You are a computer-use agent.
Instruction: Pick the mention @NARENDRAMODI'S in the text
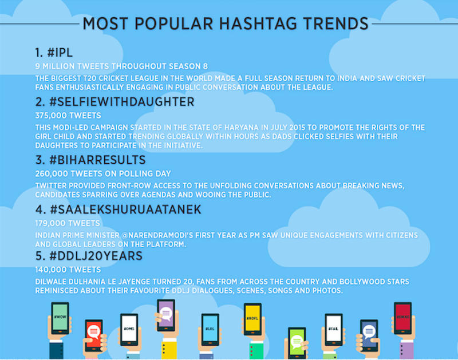157,235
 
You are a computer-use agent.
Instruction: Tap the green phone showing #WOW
60,318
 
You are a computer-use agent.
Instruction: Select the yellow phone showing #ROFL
252,319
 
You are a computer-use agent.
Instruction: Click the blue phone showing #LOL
210,329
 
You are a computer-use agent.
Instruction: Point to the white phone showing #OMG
129,329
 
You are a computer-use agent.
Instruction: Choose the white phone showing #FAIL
334,329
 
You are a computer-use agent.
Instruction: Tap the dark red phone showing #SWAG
403,318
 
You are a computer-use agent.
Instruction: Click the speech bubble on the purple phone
166,314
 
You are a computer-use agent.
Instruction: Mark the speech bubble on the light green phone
297,341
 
